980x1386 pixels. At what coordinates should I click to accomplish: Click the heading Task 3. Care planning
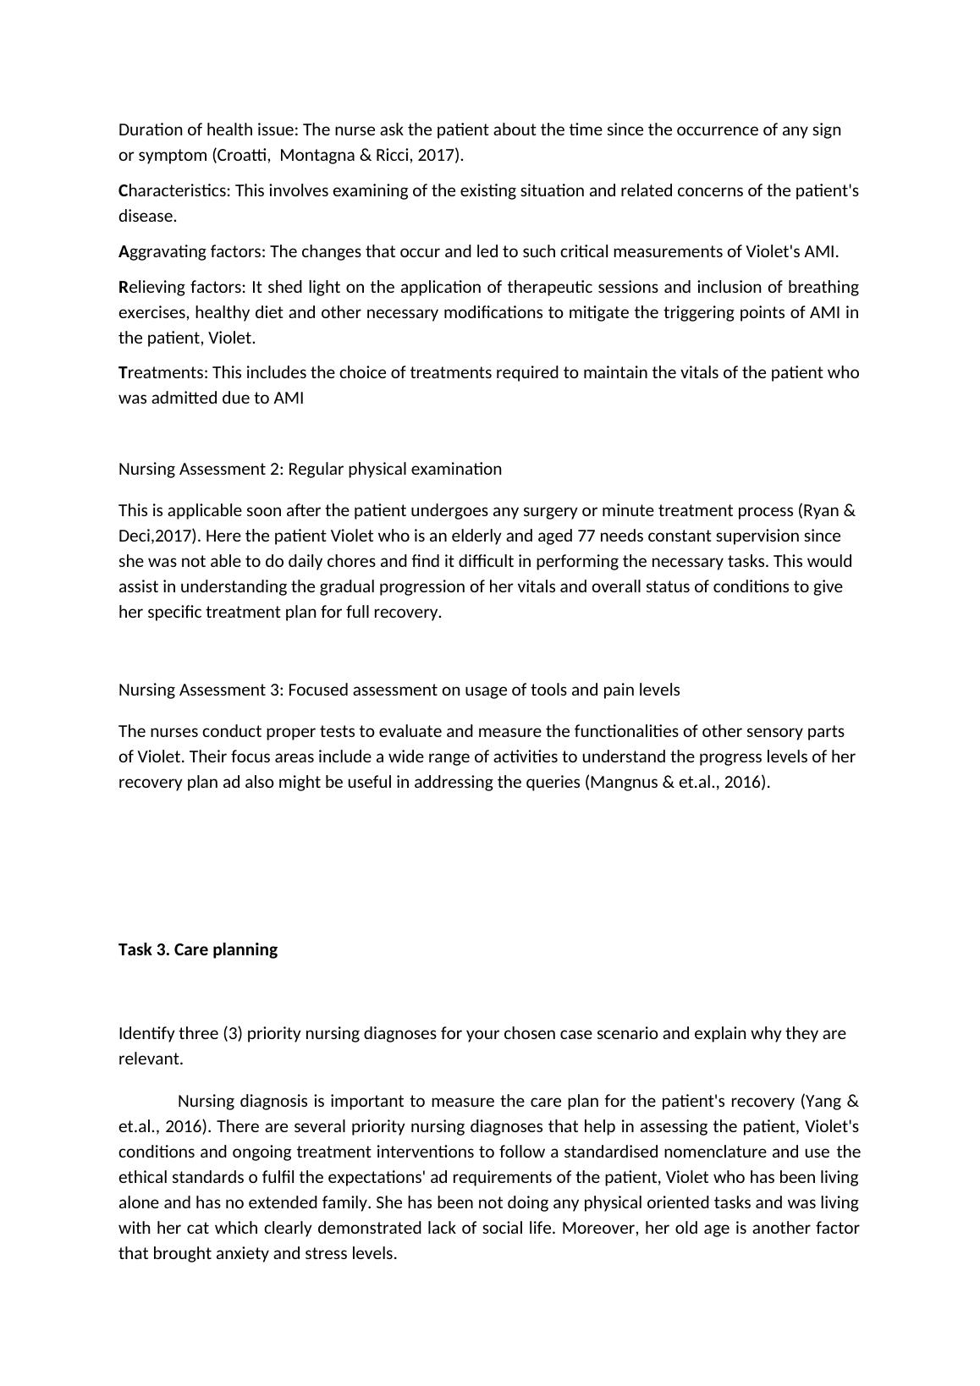(198, 949)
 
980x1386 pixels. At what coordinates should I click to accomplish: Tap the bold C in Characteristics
(123, 191)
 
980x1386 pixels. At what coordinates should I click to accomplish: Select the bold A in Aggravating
(123, 252)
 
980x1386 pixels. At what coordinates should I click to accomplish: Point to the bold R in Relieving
(123, 288)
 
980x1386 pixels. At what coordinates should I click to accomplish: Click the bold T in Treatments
(123, 373)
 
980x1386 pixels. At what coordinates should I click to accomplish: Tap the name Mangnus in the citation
(623, 783)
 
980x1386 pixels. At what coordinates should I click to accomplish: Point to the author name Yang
(820, 1102)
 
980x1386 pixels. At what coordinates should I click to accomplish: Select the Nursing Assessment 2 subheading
(310, 470)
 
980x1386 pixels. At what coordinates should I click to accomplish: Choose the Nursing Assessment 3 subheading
(399, 690)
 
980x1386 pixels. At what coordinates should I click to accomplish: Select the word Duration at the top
(149, 130)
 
